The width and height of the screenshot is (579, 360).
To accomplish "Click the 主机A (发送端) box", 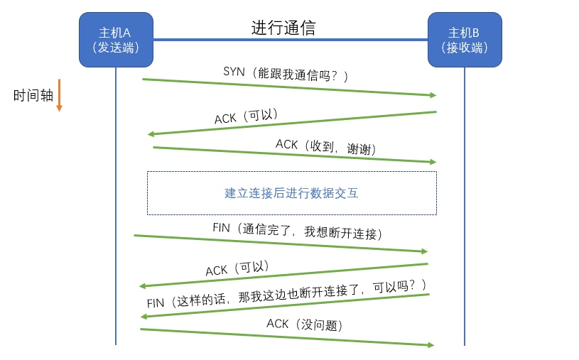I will [115, 40].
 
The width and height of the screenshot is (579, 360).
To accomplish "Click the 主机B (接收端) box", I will [465, 40].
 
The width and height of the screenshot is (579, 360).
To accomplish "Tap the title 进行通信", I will [283, 28].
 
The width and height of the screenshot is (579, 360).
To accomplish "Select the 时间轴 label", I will [33, 96].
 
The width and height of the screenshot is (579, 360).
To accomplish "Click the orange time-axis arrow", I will [60, 95].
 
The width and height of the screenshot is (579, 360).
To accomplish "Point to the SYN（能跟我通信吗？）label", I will [286, 73].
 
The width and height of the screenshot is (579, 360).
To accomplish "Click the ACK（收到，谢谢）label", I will [326, 147].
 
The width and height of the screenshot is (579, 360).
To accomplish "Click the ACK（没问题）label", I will [305, 324].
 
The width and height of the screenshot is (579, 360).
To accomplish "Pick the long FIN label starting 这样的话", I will [287, 294].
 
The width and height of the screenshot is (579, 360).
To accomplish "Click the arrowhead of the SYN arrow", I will [433, 94].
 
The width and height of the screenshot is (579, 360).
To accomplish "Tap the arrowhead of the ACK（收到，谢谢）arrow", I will [433, 162].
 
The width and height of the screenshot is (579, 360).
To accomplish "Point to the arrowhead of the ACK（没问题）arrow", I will [431, 345].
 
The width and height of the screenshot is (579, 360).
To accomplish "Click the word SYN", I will [234, 71].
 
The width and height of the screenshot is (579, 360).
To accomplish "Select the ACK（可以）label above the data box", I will [246, 116].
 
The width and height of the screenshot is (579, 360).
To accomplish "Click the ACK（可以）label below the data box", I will [237, 269].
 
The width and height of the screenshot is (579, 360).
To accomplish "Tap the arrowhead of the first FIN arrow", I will [424, 251].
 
